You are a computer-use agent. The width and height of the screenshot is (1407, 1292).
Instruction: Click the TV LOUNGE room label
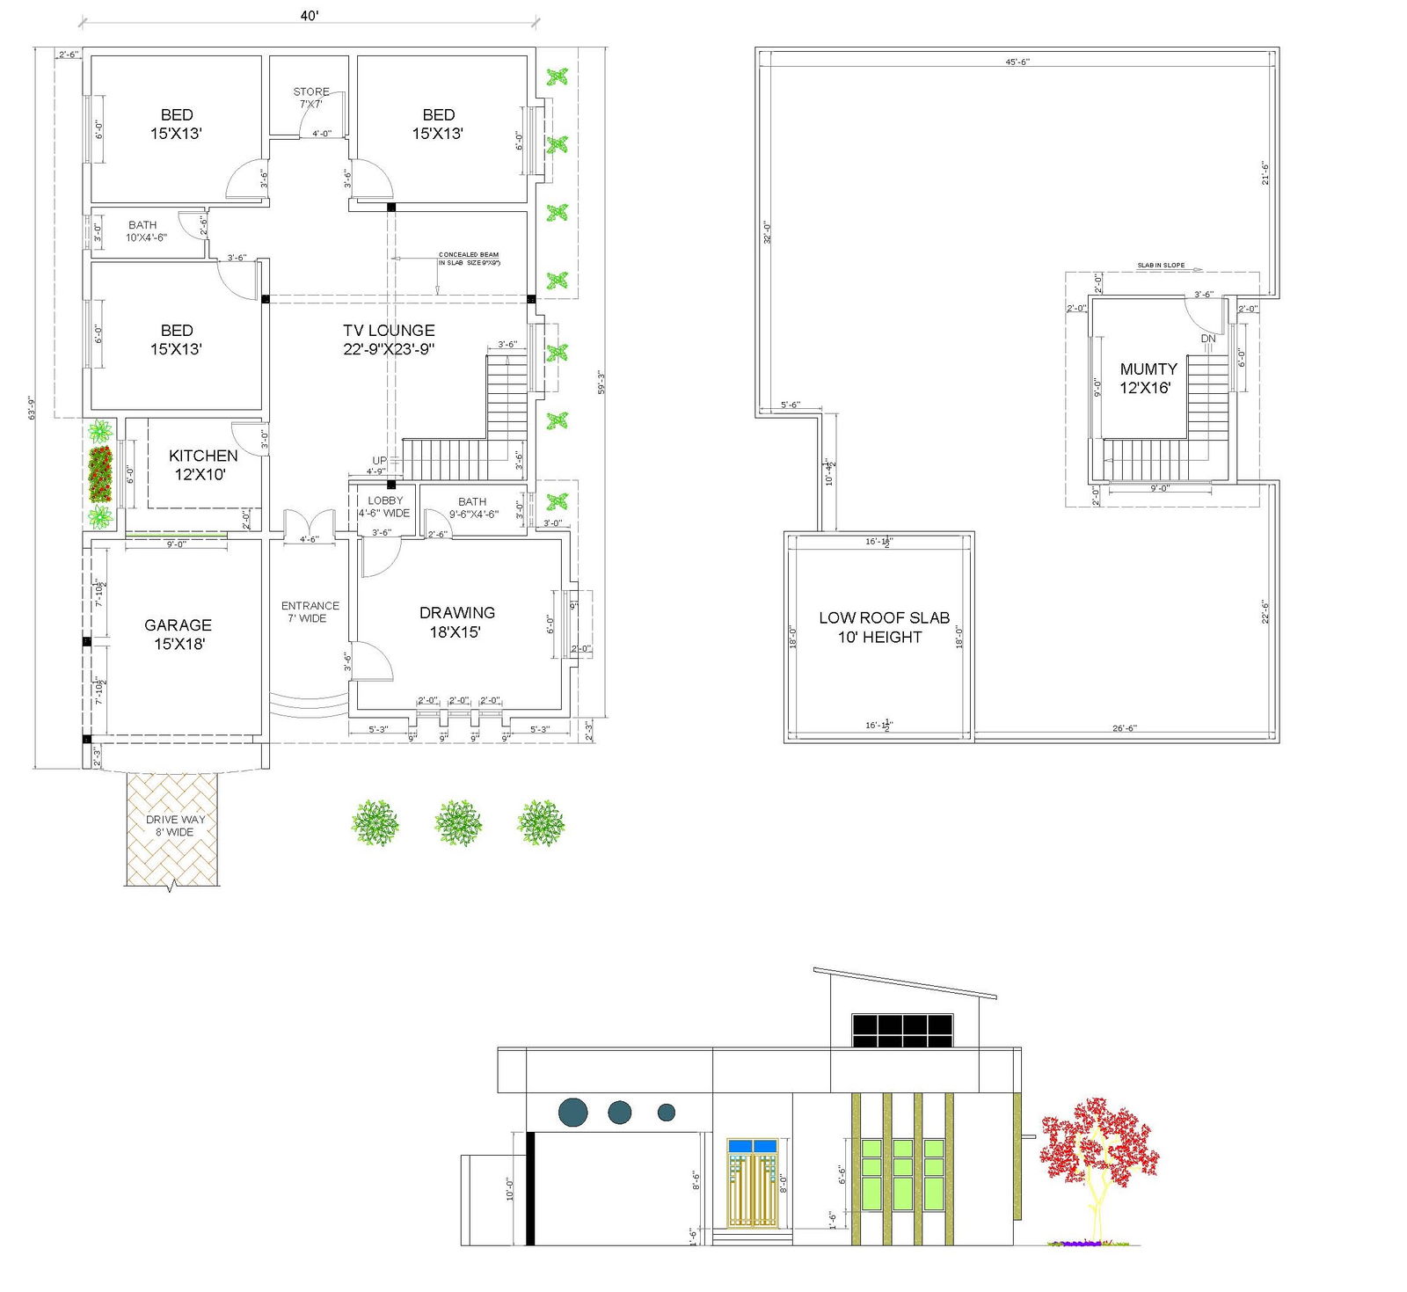pyautogui.click(x=389, y=339)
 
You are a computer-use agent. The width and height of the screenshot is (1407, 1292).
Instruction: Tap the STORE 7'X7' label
pyautogui.click(x=311, y=98)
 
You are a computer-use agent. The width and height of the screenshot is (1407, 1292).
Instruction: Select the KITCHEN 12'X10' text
pyautogui.click(x=202, y=464)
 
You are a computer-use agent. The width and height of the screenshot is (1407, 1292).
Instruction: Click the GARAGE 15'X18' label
pyautogui.click(x=179, y=634)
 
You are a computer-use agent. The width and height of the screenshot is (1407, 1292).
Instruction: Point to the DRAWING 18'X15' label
pyautogui.click(x=456, y=622)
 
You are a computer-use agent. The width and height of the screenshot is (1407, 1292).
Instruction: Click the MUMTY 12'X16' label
pyautogui.click(x=1148, y=378)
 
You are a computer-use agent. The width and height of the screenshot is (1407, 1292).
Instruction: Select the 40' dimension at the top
pyautogui.click(x=309, y=16)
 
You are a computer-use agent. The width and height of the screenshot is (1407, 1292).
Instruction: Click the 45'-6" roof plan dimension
pyautogui.click(x=1017, y=62)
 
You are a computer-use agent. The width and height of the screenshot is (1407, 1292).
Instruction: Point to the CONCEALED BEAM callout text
pyautogui.click(x=469, y=259)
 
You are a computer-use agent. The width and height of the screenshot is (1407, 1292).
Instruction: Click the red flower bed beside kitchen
pyautogui.click(x=100, y=474)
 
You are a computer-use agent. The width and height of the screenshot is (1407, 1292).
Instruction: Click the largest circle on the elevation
pyautogui.click(x=573, y=1112)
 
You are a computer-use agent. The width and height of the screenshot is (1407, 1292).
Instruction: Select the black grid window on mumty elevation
pyautogui.click(x=902, y=1030)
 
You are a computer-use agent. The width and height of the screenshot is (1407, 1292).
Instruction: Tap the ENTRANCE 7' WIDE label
pyautogui.click(x=310, y=611)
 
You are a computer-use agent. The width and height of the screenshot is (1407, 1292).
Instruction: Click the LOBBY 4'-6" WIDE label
pyautogui.click(x=384, y=507)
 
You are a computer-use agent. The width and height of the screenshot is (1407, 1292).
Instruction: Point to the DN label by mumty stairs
pyautogui.click(x=1208, y=339)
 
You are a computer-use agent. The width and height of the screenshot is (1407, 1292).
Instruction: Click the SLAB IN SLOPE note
pyautogui.click(x=1161, y=265)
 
